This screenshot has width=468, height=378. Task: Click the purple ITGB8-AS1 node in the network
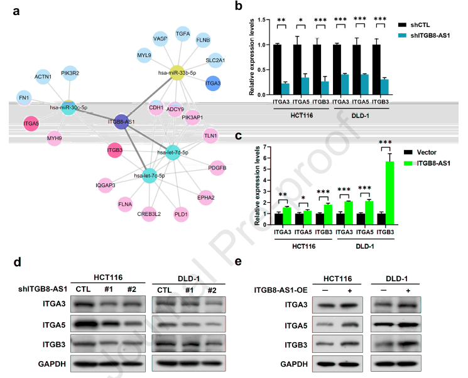(121, 122)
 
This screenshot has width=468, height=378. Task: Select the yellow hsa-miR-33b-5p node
(177, 72)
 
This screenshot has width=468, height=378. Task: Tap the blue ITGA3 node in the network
(213, 84)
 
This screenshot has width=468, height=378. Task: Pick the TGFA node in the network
(183, 34)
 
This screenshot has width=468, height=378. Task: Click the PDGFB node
(217, 168)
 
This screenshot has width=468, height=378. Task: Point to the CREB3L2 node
(149, 214)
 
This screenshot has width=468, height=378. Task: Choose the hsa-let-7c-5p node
(150, 175)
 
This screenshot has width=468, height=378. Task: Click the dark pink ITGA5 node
(31, 123)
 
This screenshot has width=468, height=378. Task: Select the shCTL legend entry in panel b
(414, 25)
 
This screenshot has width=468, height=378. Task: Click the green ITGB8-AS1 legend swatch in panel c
(408, 163)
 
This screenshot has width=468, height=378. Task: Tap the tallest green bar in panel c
(389, 193)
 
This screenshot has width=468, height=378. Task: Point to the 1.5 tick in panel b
(261, 19)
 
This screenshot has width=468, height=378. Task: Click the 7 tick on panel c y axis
(265, 147)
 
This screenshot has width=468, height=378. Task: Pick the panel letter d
(18, 262)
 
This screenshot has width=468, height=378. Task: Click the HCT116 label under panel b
(302, 116)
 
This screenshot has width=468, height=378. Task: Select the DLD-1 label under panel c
(365, 246)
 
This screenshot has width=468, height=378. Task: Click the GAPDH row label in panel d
(52, 364)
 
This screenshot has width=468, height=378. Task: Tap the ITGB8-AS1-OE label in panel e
(281, 290)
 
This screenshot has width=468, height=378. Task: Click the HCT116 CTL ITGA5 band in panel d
(85, 324)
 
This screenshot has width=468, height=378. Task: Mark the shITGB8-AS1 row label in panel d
(43, 289)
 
